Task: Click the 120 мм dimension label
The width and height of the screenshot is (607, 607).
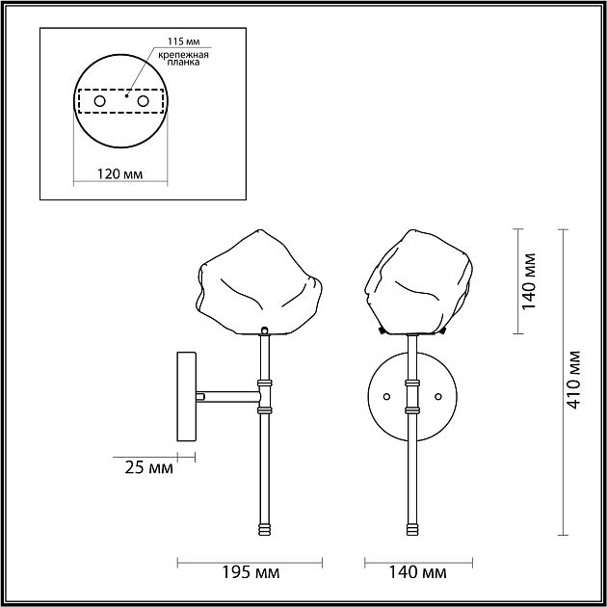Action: [120, 174]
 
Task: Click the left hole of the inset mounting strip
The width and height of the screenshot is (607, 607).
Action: [99, 100]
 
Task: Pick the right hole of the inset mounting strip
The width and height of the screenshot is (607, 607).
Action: [143, 100]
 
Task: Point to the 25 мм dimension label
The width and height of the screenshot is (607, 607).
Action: [150, 469]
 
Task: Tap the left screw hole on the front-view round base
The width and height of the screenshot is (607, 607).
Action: [386, 395]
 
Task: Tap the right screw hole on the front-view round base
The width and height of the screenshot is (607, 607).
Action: [439, 395]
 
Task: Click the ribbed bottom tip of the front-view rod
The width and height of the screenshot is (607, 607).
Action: [413, 529]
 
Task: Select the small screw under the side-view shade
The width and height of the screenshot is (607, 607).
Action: [262, 330]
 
